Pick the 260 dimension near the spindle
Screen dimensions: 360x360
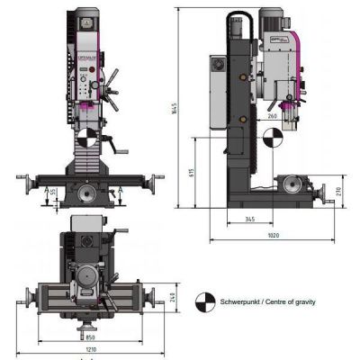click(273, 117)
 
